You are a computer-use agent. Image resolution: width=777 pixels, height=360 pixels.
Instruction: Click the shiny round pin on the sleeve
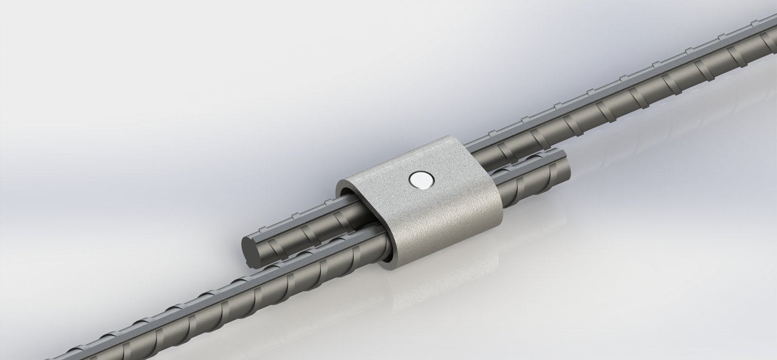point(421,180)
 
